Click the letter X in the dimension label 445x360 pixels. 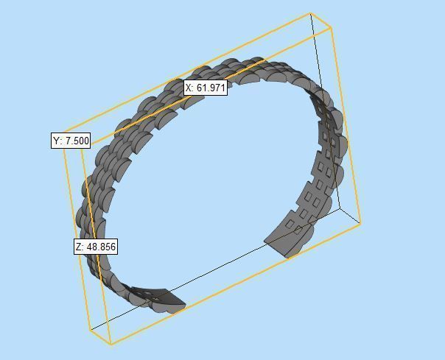tap(189, 88)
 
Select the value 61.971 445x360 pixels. tap(210, 88)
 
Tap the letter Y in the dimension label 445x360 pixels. tap(57, 141)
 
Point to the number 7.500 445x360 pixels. tap(76, 141)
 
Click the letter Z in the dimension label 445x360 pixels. tap(79, 247)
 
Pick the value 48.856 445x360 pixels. tap(101, 247)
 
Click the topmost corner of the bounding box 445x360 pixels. tap(311, 13)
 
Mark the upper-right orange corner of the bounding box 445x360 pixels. tap(332, 29)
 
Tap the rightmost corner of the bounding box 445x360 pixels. tap(361, 223)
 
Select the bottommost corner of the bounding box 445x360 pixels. tap(110, 345)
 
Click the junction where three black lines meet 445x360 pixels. tap(340, 208)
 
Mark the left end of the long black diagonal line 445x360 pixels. tap(90, 330)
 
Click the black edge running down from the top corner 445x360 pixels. tap(325, 110)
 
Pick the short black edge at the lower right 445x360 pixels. tap(351, 216)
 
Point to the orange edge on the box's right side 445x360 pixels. tap(346, 125)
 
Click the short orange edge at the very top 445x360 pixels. tap(322, 21)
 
